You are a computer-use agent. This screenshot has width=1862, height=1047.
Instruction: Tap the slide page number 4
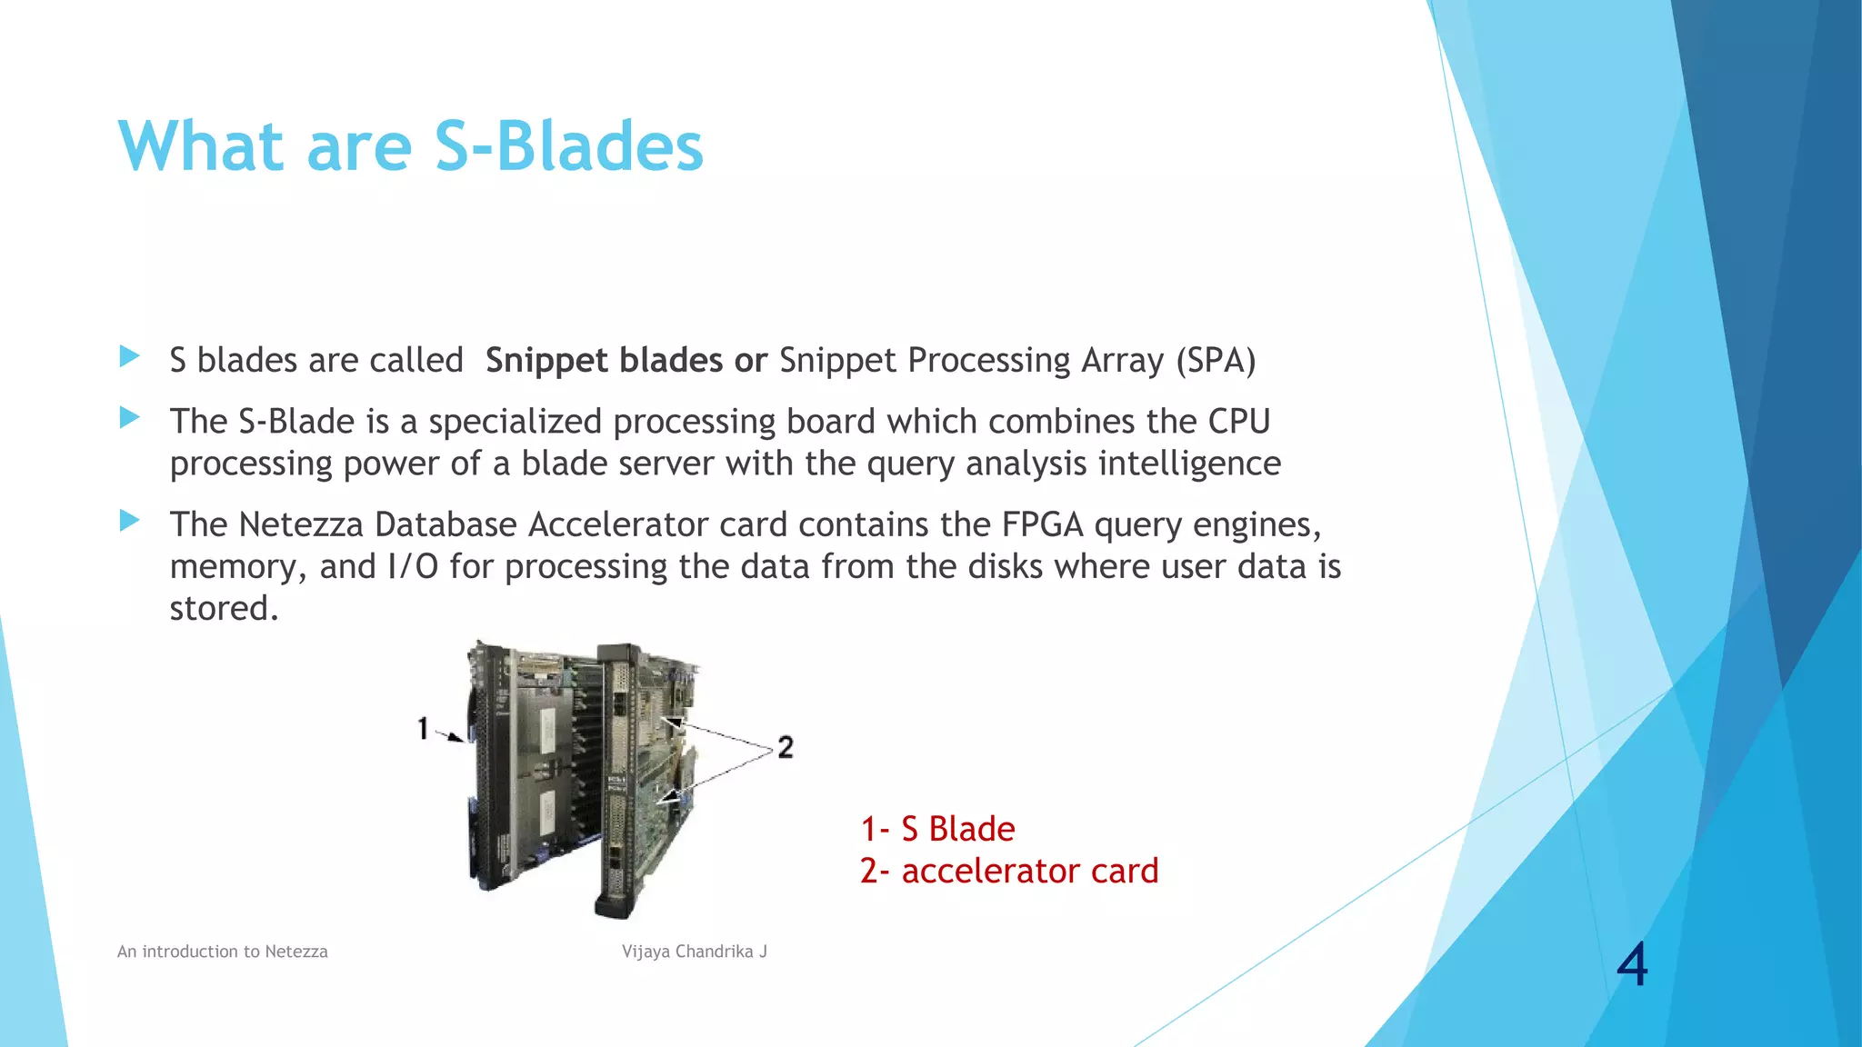click(x=1632, y=964)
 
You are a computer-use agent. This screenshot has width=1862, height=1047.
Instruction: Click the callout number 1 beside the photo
click(x=423, y=728)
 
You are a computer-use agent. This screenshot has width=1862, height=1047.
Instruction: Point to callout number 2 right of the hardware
click(x=786, y=747)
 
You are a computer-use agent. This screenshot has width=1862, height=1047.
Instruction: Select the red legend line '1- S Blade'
click(x=937, y=829)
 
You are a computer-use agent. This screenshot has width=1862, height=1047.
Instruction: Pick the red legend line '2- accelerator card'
click(x=1009, y=871)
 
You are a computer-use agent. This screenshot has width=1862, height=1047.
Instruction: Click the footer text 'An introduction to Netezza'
click(x=223, y=952)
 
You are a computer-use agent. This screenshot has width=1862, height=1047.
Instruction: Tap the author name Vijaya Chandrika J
click(x=695, y=952)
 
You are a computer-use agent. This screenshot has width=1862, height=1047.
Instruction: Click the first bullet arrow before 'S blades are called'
click(x=130, y=356)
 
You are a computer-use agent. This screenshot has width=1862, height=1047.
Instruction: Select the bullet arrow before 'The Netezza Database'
click(x=130, y=521)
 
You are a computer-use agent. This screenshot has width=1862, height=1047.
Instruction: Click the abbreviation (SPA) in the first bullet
click(x=1216, y=361)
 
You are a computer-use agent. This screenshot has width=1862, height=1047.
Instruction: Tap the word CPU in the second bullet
click(x=1238, y=422)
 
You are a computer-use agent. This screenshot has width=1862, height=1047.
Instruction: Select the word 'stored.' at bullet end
click(x=224, y=608)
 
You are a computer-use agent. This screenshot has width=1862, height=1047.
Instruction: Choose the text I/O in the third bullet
click(x=413, y=566)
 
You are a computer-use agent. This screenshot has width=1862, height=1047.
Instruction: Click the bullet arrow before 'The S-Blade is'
click(x=130, y=418)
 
